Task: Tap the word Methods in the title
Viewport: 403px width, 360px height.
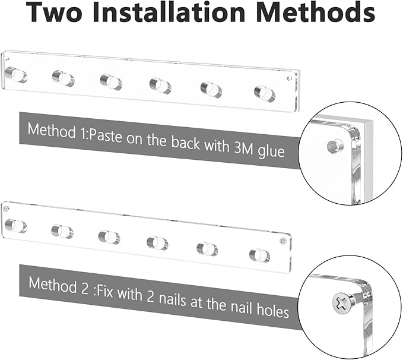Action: pyautogui.click(x=316, y=11)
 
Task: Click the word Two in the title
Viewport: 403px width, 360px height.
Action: pyautogui.click(x=54, y=12)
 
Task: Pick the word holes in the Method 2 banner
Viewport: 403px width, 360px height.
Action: pyautogui.click(x=273, y=310)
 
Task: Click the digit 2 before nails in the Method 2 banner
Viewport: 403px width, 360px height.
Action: pyautogui.click(x=151, y=296)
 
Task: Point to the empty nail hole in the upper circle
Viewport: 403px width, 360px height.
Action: pyautogui.click(x=335, y=146)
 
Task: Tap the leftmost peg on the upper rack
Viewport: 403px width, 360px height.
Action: pyautogui.click(x=16, y=75)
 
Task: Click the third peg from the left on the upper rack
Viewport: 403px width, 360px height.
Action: pyautogui.click(x=111, y=82)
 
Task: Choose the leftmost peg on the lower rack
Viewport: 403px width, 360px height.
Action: pyautogui.click(x=15, y=226)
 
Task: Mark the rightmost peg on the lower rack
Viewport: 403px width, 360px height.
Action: pyautogui.click(x=259, y=255)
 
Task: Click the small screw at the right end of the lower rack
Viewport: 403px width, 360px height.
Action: pyautogui.click(x=283, y=241)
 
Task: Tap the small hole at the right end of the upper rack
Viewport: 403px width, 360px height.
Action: pyautogui.click(x=290, y=78)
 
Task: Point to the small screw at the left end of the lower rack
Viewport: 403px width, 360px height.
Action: pyautogui.click(x=6, y=209)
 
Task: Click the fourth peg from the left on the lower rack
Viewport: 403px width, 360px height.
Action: pyautogui.click(x=157, y=243)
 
